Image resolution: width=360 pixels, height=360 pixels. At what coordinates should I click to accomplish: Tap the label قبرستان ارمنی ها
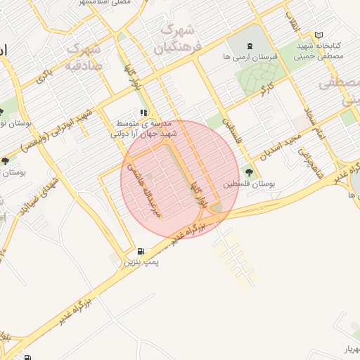click(246, 56)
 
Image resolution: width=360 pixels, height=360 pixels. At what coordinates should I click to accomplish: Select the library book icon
click(319, 35)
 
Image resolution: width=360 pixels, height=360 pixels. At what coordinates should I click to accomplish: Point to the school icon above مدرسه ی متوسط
click(143, 112)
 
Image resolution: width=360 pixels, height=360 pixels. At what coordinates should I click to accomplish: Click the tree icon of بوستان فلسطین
click(248, 172)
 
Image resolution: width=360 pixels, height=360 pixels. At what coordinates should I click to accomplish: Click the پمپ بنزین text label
click(142, 262)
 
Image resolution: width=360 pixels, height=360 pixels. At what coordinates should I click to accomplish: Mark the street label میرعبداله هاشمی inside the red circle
click(155, 191)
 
